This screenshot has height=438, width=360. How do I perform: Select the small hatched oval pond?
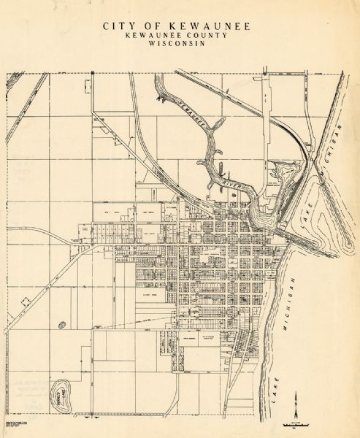(61, 326)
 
